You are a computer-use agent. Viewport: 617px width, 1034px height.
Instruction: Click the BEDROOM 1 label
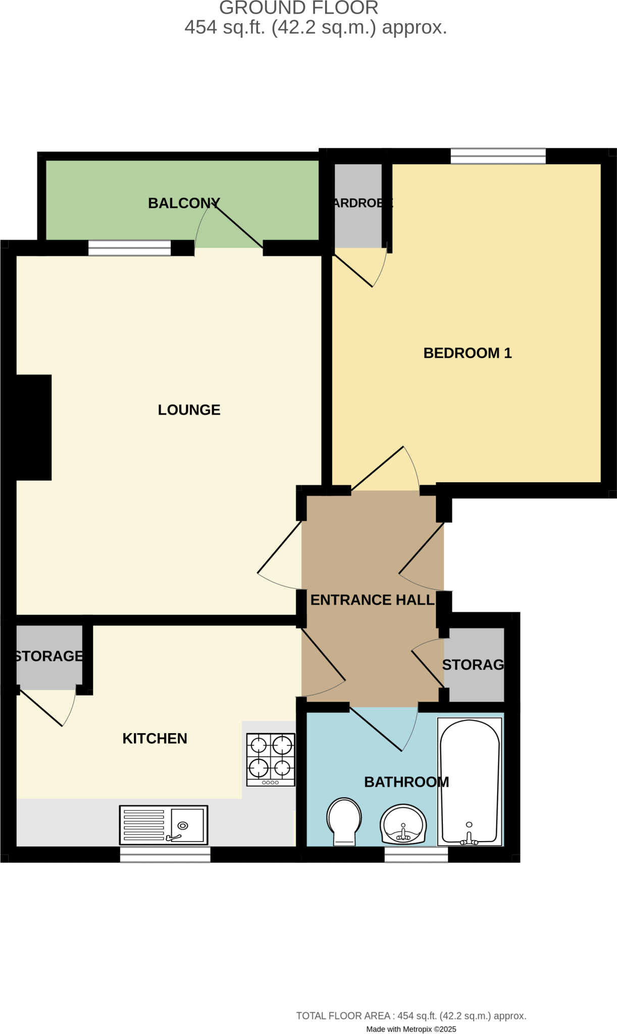tap(467, 353)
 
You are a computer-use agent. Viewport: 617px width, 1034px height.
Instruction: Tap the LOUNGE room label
tap(189, 409)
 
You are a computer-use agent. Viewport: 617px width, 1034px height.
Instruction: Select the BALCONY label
tap(184, 203)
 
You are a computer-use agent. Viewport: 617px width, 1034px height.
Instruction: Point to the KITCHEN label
tap(155, 738)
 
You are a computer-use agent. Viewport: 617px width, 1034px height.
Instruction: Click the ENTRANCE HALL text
tap(372, 600)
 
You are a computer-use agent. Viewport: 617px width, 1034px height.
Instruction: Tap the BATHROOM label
tap(406, 782)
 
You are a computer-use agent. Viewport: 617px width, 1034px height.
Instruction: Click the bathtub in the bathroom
tap(470, 782)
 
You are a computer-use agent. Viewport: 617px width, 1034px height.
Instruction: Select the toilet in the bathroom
tap(344, 820)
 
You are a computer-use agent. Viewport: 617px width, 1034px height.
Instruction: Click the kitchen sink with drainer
tap(164, 824)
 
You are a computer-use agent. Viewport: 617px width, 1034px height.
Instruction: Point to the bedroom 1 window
tap(498, 156)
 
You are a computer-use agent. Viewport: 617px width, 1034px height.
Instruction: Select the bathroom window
tap(416, 854)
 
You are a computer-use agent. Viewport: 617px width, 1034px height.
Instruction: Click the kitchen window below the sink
tap(165, 854)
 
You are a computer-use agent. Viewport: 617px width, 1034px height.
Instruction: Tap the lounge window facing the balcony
tap(130, 248)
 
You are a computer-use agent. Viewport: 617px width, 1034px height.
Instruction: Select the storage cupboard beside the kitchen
tap(49, 656)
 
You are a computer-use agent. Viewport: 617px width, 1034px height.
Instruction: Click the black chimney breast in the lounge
tap(33, 427)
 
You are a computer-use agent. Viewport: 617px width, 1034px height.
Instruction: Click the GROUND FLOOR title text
tap(298, 8)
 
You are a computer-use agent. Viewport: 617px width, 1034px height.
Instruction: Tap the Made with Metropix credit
tap(411, 1029)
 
